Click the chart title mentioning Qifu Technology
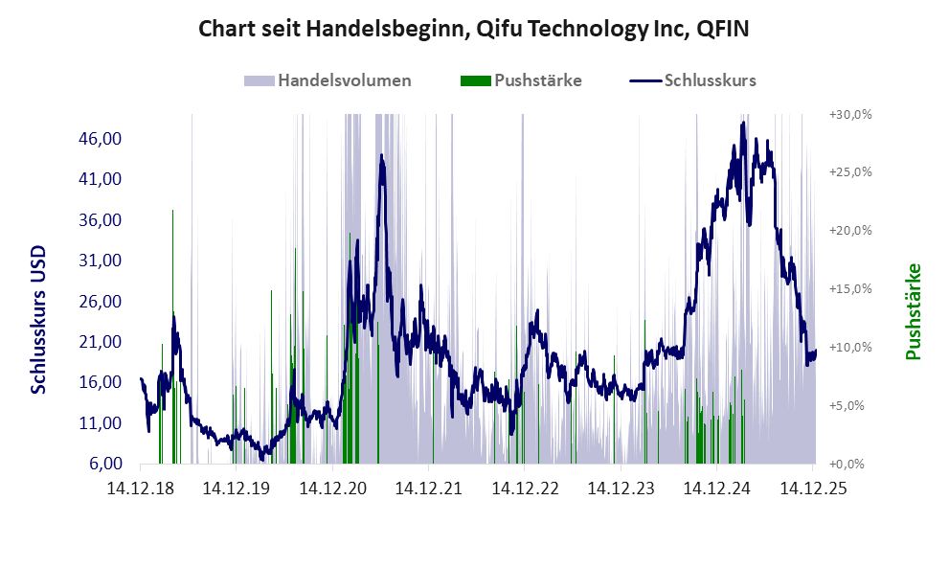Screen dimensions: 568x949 pyautogui.click(x=473, y=30)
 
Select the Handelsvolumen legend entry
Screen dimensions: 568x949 pyautogui.click(x=344, y=80)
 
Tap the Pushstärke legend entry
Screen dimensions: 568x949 pyautogui.click(x=537, y=80)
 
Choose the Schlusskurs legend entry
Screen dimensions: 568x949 pyautogui.click(x=709, y=80)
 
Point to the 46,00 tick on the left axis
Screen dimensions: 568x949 pyautogui.click(x=100, y=139)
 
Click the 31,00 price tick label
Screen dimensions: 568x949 pyautogui.click(x=100, y=261)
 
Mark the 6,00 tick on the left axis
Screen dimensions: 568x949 pyautogui.click(x=103, y=464)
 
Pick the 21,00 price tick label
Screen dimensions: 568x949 pyautogui.click(x=100, y=342)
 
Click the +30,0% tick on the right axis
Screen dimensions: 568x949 pyautogui.click(x=850, y=114)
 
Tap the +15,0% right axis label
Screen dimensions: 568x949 pyautogui.click(x=850, y=288)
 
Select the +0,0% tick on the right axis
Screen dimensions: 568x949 pyautogui.click(x=850, y=464)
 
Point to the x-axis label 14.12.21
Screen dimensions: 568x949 pyautogui.click(x=428, y=488)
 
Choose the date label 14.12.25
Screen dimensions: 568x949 pyautogui.click(x=812, y=488)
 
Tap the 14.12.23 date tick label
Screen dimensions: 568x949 pyautogui.click(x=621, y=488)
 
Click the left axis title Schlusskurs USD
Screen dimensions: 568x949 pyautogui.click(x=39, y=319)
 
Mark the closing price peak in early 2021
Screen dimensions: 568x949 pyautogui.click(x=381, y=156)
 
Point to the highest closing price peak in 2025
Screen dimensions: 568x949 pyautogui.click(x=743, y=124)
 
